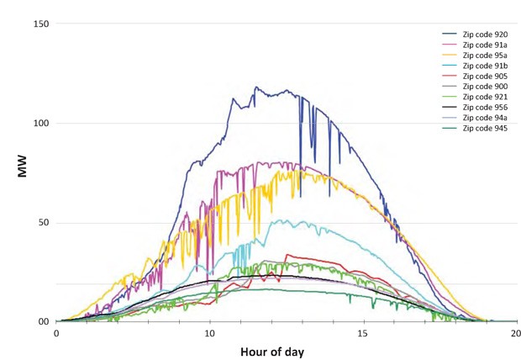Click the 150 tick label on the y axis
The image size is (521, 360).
39,24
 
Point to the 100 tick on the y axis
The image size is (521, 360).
39,123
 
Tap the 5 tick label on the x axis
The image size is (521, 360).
133,332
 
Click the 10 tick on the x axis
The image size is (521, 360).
210,332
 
